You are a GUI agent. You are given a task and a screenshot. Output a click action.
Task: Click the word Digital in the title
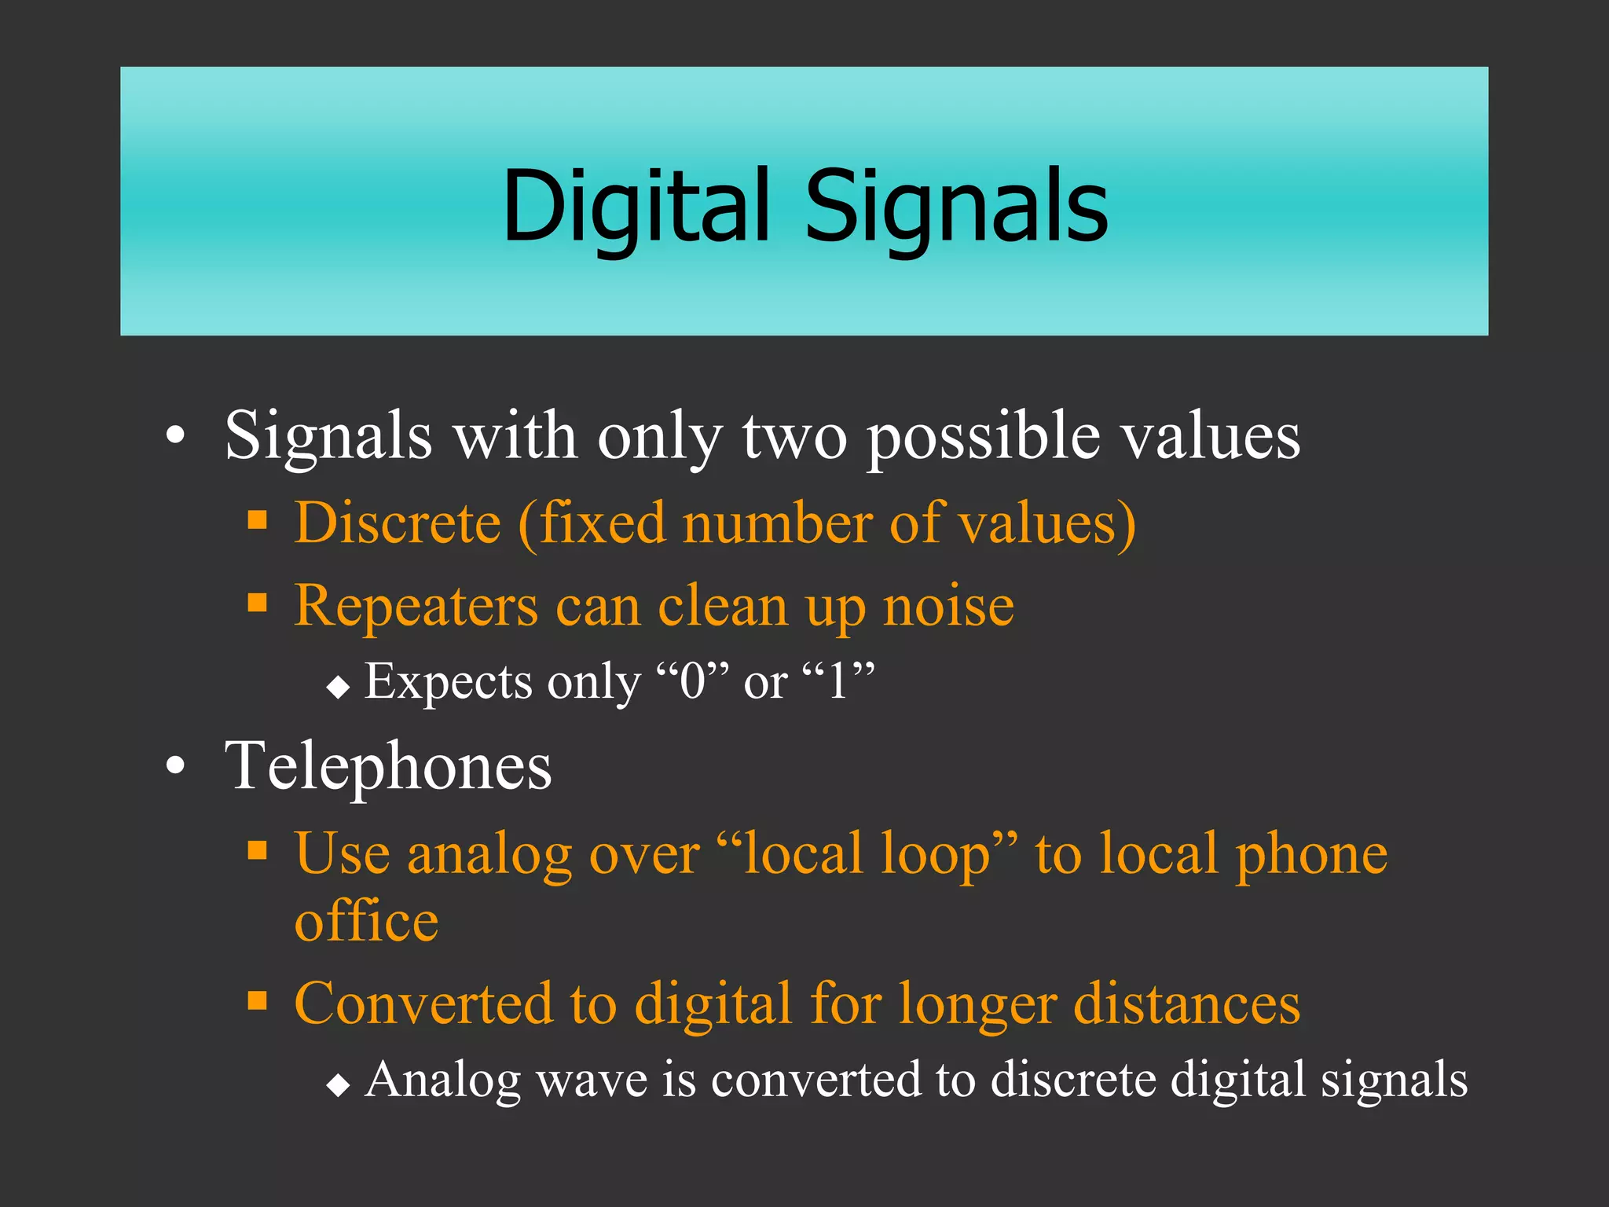[x=636, y=206]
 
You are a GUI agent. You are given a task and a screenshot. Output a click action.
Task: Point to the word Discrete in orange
[x=398, y=523]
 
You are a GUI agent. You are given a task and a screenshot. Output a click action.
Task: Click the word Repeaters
[x=416, y=607]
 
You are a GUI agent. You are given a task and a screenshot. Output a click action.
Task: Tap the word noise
[x=948, y=607]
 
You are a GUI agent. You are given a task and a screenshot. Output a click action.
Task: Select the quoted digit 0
[x=693, y=681]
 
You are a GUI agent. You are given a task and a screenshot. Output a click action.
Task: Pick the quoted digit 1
[x=838, y=681]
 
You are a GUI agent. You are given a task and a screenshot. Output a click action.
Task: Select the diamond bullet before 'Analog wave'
[x=338, y=1086]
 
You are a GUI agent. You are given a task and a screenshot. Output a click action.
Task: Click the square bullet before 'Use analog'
[x=257, y=850]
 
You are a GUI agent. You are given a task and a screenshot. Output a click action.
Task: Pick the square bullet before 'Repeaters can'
[x=257, y=603]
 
